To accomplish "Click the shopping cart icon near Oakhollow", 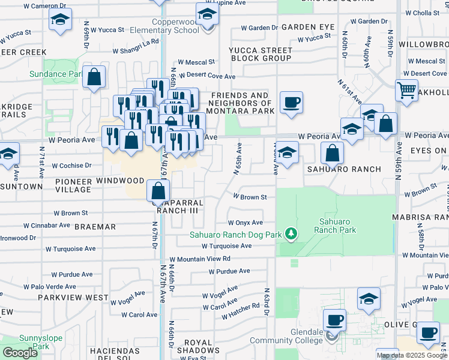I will pos(406,91).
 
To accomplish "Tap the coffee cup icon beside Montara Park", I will pos(291,102).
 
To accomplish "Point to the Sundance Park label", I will pos(56,74).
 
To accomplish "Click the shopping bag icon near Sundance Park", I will pos(94,77).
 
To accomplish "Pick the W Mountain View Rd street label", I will pos(200,259).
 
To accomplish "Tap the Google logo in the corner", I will pos(20,353).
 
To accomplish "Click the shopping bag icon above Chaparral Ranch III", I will pos(157,191).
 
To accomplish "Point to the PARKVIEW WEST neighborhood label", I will pos(73,297).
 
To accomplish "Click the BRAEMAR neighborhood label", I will pos(95,227).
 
